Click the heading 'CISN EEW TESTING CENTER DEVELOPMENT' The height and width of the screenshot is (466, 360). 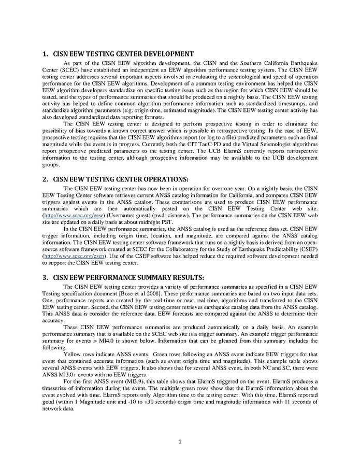point(124,54)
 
